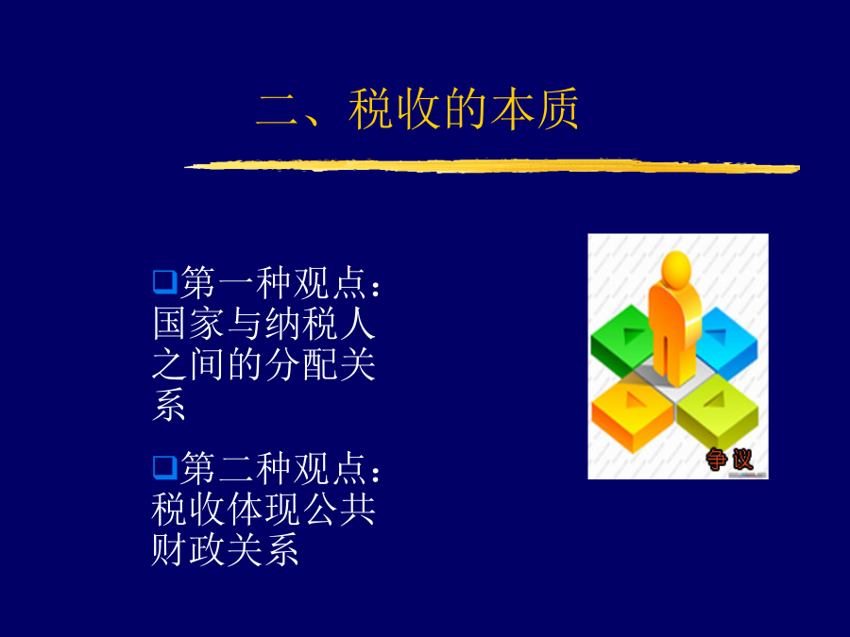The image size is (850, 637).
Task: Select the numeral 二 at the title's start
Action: pyautogui.click(x=278, y=110)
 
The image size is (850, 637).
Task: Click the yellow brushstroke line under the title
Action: pyautogui.click(x=492, y=166)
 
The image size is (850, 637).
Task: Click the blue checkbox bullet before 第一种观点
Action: pyautogui.click(x=164, y=282)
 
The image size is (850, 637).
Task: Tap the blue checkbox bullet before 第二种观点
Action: pyautogui.click(x=164, y=468)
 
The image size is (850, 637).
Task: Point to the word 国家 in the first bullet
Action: pyautogui.click(x=188, y=324)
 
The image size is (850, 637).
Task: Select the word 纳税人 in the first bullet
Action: pyautogui.click(x=320, y=324)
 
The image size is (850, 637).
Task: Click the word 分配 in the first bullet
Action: pyautogui.click(x=302, y=364)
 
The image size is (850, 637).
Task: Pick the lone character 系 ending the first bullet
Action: pyautogui.click(x=169, y=405)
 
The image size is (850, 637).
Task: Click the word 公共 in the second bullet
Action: pyautogui.click(x=339, y=510)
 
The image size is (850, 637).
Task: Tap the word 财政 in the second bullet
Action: pyautogui.click(x=188, y=549)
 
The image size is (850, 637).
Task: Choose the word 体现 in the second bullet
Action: pyautogui.click(x=264, y=510)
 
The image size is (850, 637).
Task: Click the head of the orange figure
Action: pyautogui.click(x=676, y=268)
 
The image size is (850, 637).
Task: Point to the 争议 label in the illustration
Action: pyautogui.click(x=730, y=460)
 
